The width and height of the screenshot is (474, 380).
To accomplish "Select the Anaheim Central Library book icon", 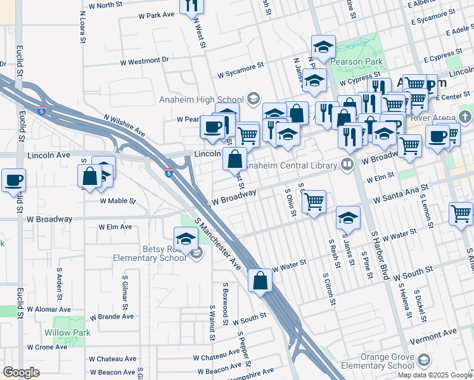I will [347, 165].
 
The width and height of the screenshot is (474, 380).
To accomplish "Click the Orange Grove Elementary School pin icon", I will [423, 361].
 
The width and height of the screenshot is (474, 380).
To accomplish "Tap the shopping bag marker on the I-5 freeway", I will [260, 281].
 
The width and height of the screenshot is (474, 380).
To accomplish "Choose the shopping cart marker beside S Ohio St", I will [314, 202].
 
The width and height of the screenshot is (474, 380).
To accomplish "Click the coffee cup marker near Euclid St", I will [14, 180].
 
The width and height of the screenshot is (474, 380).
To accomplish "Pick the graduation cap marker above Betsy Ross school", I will [186, 239].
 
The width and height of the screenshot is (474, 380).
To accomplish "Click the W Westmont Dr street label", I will [145, 62].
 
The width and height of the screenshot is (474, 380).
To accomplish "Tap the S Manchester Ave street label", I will [219, 244].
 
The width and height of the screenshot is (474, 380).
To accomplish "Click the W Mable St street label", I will [118, 201].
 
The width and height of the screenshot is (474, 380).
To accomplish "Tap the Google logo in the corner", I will [21, 372].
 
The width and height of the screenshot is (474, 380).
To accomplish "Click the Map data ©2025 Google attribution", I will [434, 375].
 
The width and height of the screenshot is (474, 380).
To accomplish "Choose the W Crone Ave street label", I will [47, 347].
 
